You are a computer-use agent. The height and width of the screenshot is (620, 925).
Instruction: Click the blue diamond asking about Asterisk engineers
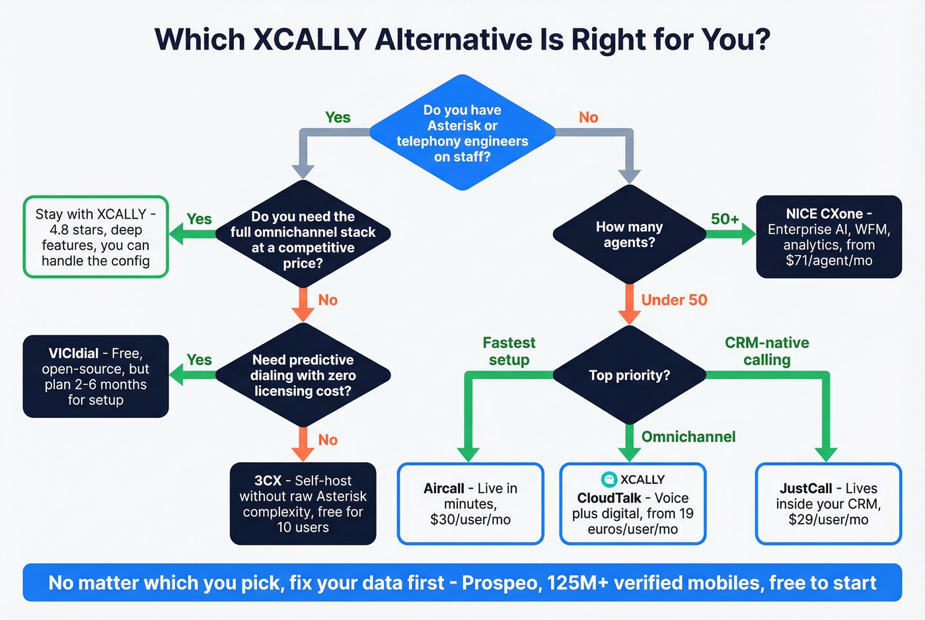[462, 133]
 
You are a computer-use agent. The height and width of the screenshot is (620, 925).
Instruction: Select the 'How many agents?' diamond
[629, 234]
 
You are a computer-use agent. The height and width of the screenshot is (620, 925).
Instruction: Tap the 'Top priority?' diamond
[629, 375]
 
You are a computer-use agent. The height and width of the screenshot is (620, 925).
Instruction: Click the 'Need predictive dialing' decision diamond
[303, 375]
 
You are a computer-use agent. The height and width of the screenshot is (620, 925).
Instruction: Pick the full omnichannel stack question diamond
[303, 239]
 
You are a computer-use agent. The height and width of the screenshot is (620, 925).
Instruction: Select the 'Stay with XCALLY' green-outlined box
[96, 237]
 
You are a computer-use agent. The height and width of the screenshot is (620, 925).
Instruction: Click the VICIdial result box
[96, 376]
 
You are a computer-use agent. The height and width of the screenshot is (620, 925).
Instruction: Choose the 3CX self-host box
[303, 504]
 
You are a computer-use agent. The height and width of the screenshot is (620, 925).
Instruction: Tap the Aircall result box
[470, 504]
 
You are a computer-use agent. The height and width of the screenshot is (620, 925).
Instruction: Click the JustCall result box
[829, 504]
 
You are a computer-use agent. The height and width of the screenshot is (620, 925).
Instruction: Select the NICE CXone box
[829, 236]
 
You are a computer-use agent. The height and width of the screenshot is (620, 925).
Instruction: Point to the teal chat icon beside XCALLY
[609, 479]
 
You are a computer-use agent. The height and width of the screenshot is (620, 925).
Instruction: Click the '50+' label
[725, 219]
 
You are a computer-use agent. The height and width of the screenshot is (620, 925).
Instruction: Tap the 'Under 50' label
[674, 300]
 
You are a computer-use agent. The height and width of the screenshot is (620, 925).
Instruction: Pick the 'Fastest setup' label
[509, 351]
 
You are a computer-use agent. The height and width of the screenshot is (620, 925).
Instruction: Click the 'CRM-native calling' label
[766, 351]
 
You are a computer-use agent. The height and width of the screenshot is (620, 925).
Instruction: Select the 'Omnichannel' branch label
[688, 436]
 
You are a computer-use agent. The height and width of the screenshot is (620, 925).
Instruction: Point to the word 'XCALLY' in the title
[310, 40]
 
